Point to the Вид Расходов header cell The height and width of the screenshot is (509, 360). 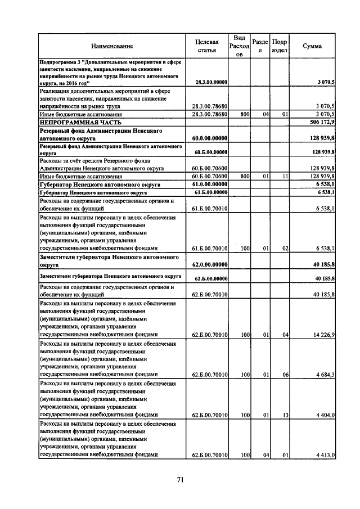239,46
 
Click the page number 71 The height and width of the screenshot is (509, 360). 181,480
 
